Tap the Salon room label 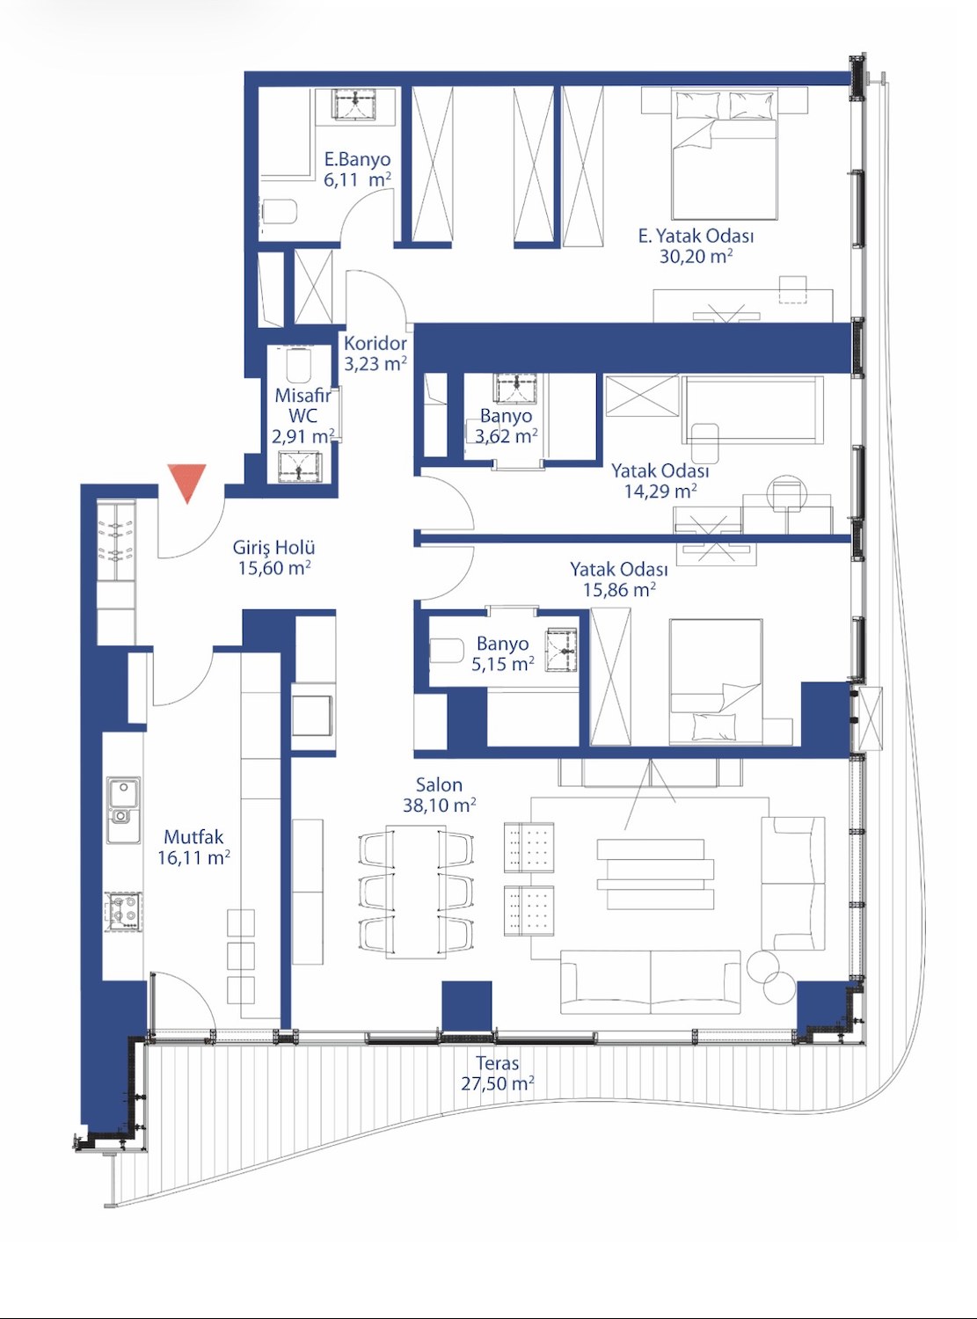[440, 785]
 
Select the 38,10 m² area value [440, 805]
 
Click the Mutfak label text [193, 837]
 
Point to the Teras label [497, 1063]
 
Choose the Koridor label [375, 343]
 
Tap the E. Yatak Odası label [696, 236]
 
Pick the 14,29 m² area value [660, 492]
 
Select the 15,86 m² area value [619, 590]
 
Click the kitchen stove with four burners [124, 910]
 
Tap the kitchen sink [124, 809]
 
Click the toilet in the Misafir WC [298, 365]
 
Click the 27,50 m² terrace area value [497, 1083]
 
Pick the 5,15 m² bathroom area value [502, 664]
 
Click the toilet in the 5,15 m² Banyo [446, 652]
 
